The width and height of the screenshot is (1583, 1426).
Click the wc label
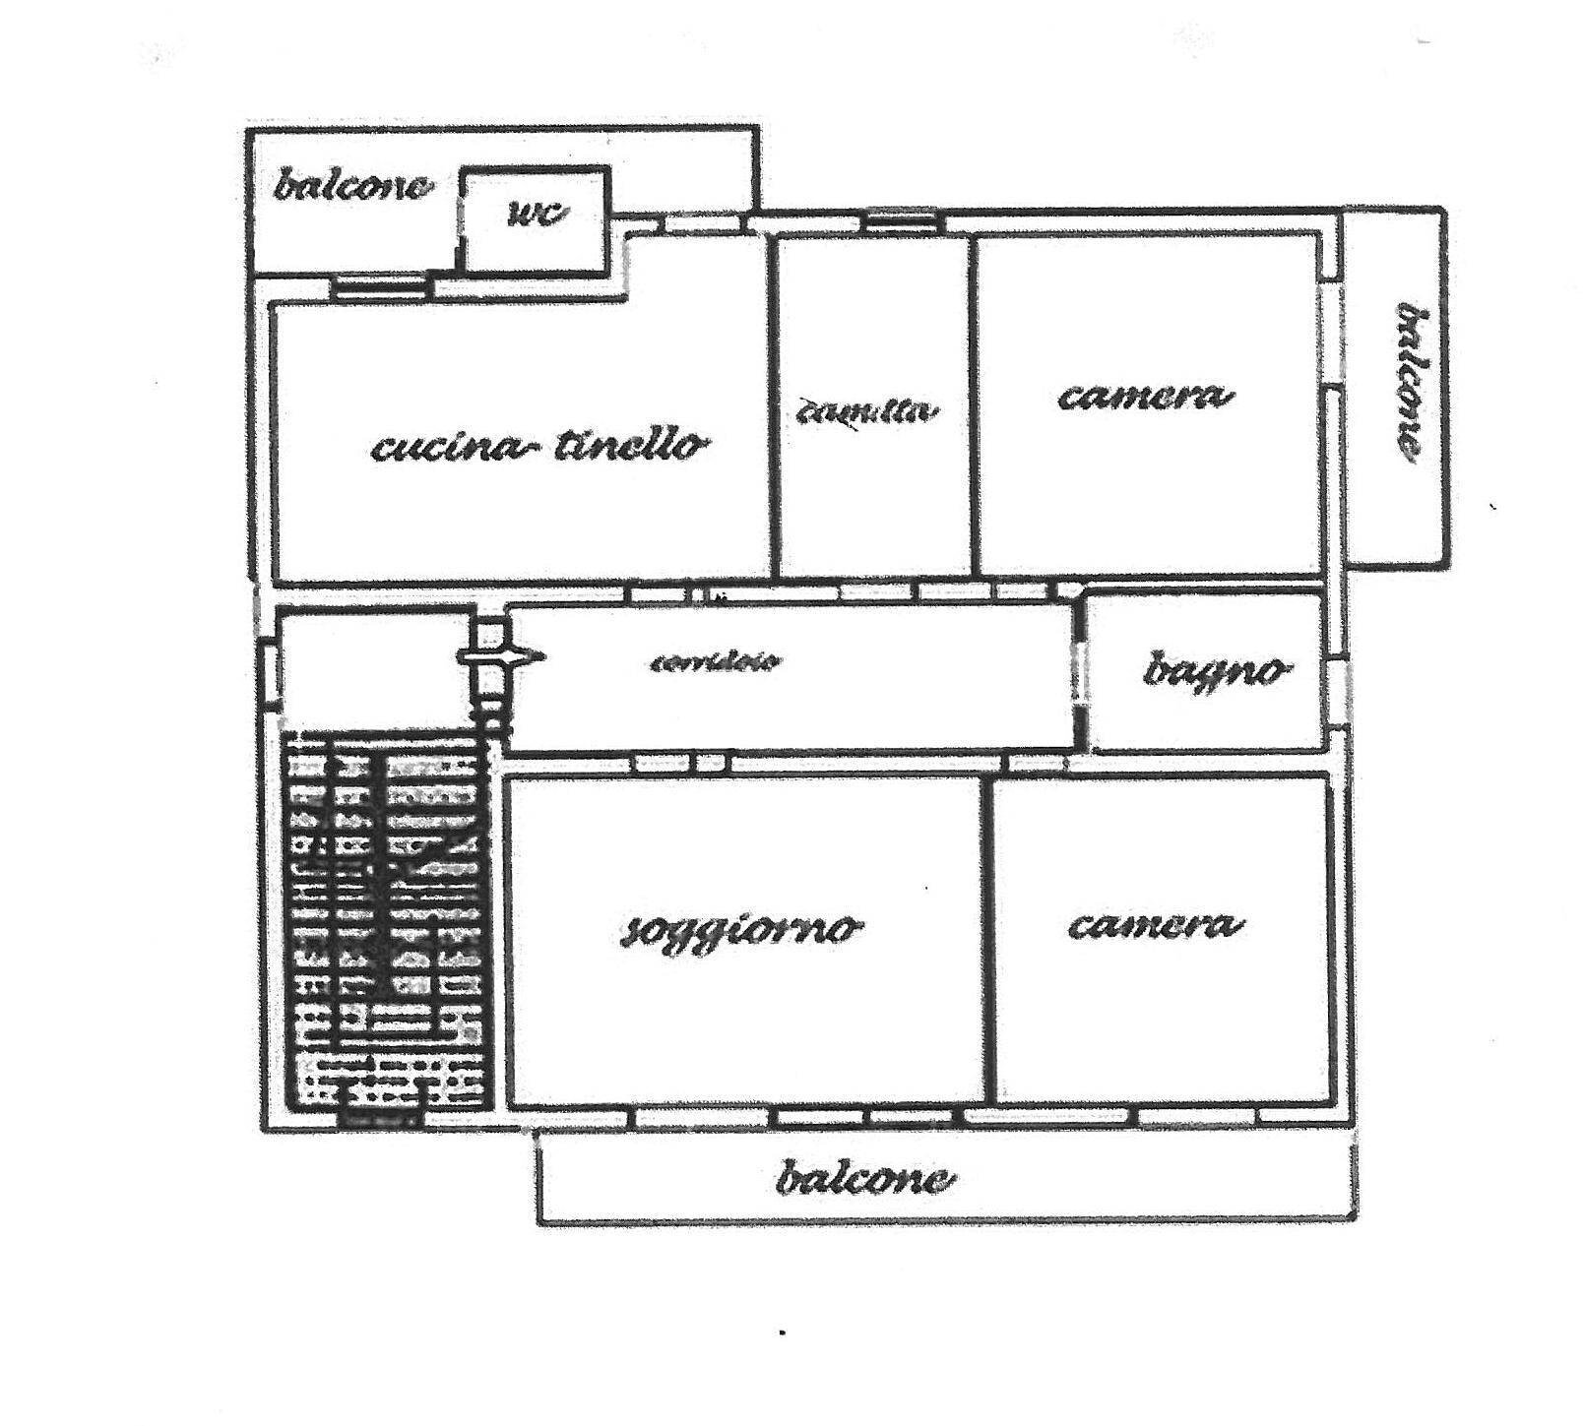pyautogui.click(x=538, y=214)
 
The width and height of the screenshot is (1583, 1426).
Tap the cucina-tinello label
pyautogui.click(x=539, y=447)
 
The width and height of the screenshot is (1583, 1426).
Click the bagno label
pyautogui.click(x=1216, y=671)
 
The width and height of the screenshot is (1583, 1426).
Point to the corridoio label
pyautogui.click(x=716, y=661)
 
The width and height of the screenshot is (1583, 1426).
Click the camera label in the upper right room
pyautogui.click(x=1145, y=397)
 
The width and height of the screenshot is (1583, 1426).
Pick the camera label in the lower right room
pyautogui.click(x=1155, y=925)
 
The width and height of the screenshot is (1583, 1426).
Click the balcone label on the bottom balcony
pyautogui.click(x=864, y=1178)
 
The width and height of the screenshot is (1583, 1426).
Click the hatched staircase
pyautogui.click(x=386, y=920)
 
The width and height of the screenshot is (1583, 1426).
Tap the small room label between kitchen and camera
pyautogui.click(x=866, y=412)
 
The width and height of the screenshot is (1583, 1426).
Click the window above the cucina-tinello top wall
pyautogui.click(x=380, y=286)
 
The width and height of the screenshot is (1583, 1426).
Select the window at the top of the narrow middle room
pyautogui.click(x=902, y=222)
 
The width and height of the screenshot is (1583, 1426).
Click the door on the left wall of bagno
pyautogui.click(x=1080, y=671)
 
